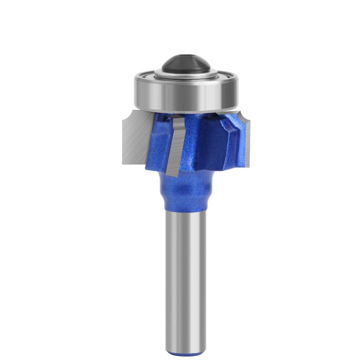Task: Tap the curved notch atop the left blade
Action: coord(127,116)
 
